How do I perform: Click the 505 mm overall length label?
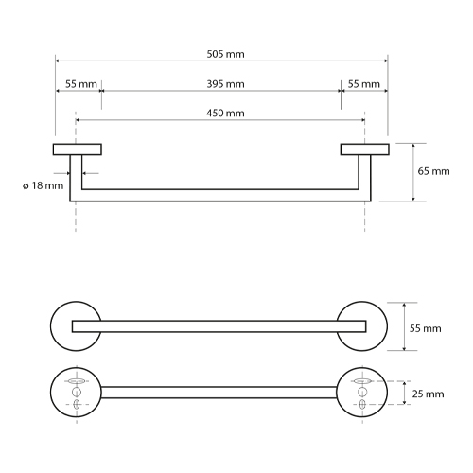(x=225, y=54)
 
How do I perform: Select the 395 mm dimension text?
(x=225, y=84)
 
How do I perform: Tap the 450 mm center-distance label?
(x=225, y=114)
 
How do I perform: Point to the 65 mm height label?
(x=433, y=171)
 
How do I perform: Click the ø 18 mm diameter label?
(x=44, y=185)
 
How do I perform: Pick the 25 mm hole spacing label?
(x=428, y=394)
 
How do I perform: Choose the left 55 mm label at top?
(x=81, y=84)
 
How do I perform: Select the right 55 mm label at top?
(x=364, y=84)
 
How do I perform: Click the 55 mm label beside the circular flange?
(x=425, y=328)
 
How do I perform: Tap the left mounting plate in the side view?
(x=78, y=149)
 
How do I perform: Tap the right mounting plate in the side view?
(x=365, y=149)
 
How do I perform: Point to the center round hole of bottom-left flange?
(x=77, y=392)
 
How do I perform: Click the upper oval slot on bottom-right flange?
(x=362, y=381)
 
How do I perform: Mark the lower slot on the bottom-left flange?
(x=77, y=404)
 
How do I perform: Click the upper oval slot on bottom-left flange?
(x=77, y=381)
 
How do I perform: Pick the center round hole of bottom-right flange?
(x=362, y=392)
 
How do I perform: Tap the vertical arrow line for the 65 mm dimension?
(x=413, y=172)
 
